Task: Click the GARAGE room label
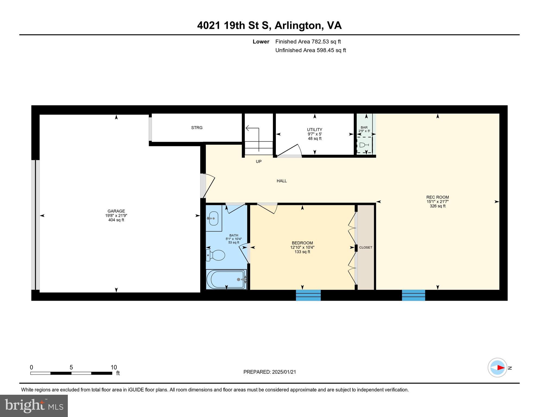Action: point(116,211)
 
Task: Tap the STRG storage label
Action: point(197,128)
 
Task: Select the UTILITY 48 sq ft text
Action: point(314,138)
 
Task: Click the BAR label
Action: point(364,127)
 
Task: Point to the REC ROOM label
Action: point(437,197)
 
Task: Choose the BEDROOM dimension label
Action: point(302,247)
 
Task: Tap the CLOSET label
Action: point(366,247)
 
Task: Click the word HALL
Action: point(282,181)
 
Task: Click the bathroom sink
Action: point(213,218)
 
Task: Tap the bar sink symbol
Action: point(363,145)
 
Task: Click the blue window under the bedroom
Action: point(308,295)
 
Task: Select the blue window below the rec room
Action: point(413,295)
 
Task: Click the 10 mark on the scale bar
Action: point(114,367)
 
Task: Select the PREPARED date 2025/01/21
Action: point(270,372)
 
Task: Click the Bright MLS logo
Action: point(34,406)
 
